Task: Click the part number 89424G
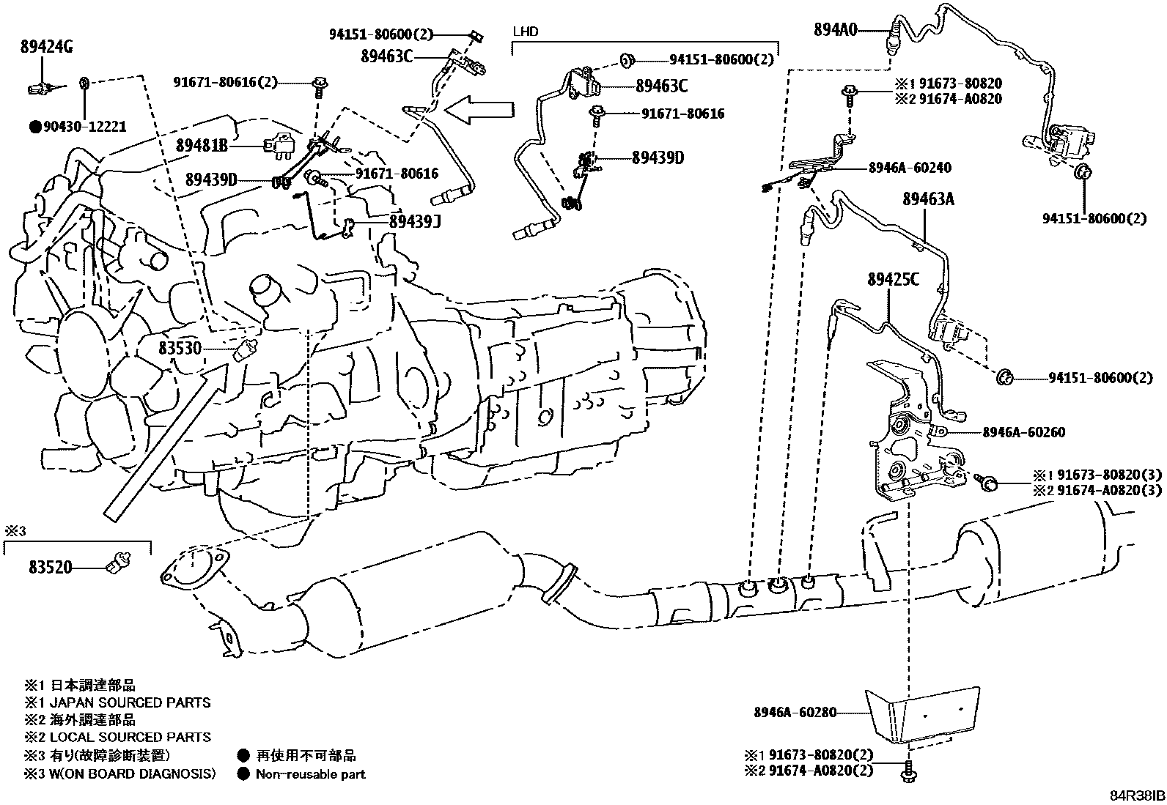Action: tap(46, 49)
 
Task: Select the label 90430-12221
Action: tap(84, 127)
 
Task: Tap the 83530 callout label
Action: tap(180, 348)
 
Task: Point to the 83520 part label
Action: tap(51, 566)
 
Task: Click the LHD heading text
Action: tap(525, 31)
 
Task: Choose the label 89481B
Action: tap(202, 146)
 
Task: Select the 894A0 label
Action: tap(835, 30)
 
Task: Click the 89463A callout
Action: tap(928, 199)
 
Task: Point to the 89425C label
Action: tap(893, 280)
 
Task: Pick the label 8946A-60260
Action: tap(1023, 432)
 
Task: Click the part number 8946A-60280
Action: tap(795, 711)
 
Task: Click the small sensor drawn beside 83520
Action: tap(118, 563)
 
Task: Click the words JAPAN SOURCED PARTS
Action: tap(130, 702)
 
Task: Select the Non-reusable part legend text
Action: tap(310, 774)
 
